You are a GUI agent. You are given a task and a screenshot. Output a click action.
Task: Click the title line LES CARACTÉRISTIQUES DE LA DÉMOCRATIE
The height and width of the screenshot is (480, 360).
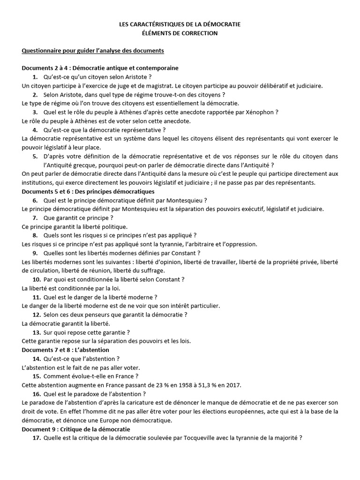(180, 24)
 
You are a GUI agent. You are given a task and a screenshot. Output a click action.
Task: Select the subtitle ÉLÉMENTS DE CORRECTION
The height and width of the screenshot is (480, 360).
(180, 33)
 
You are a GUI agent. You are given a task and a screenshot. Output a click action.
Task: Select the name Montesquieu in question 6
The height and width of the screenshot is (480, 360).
(180, 200)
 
